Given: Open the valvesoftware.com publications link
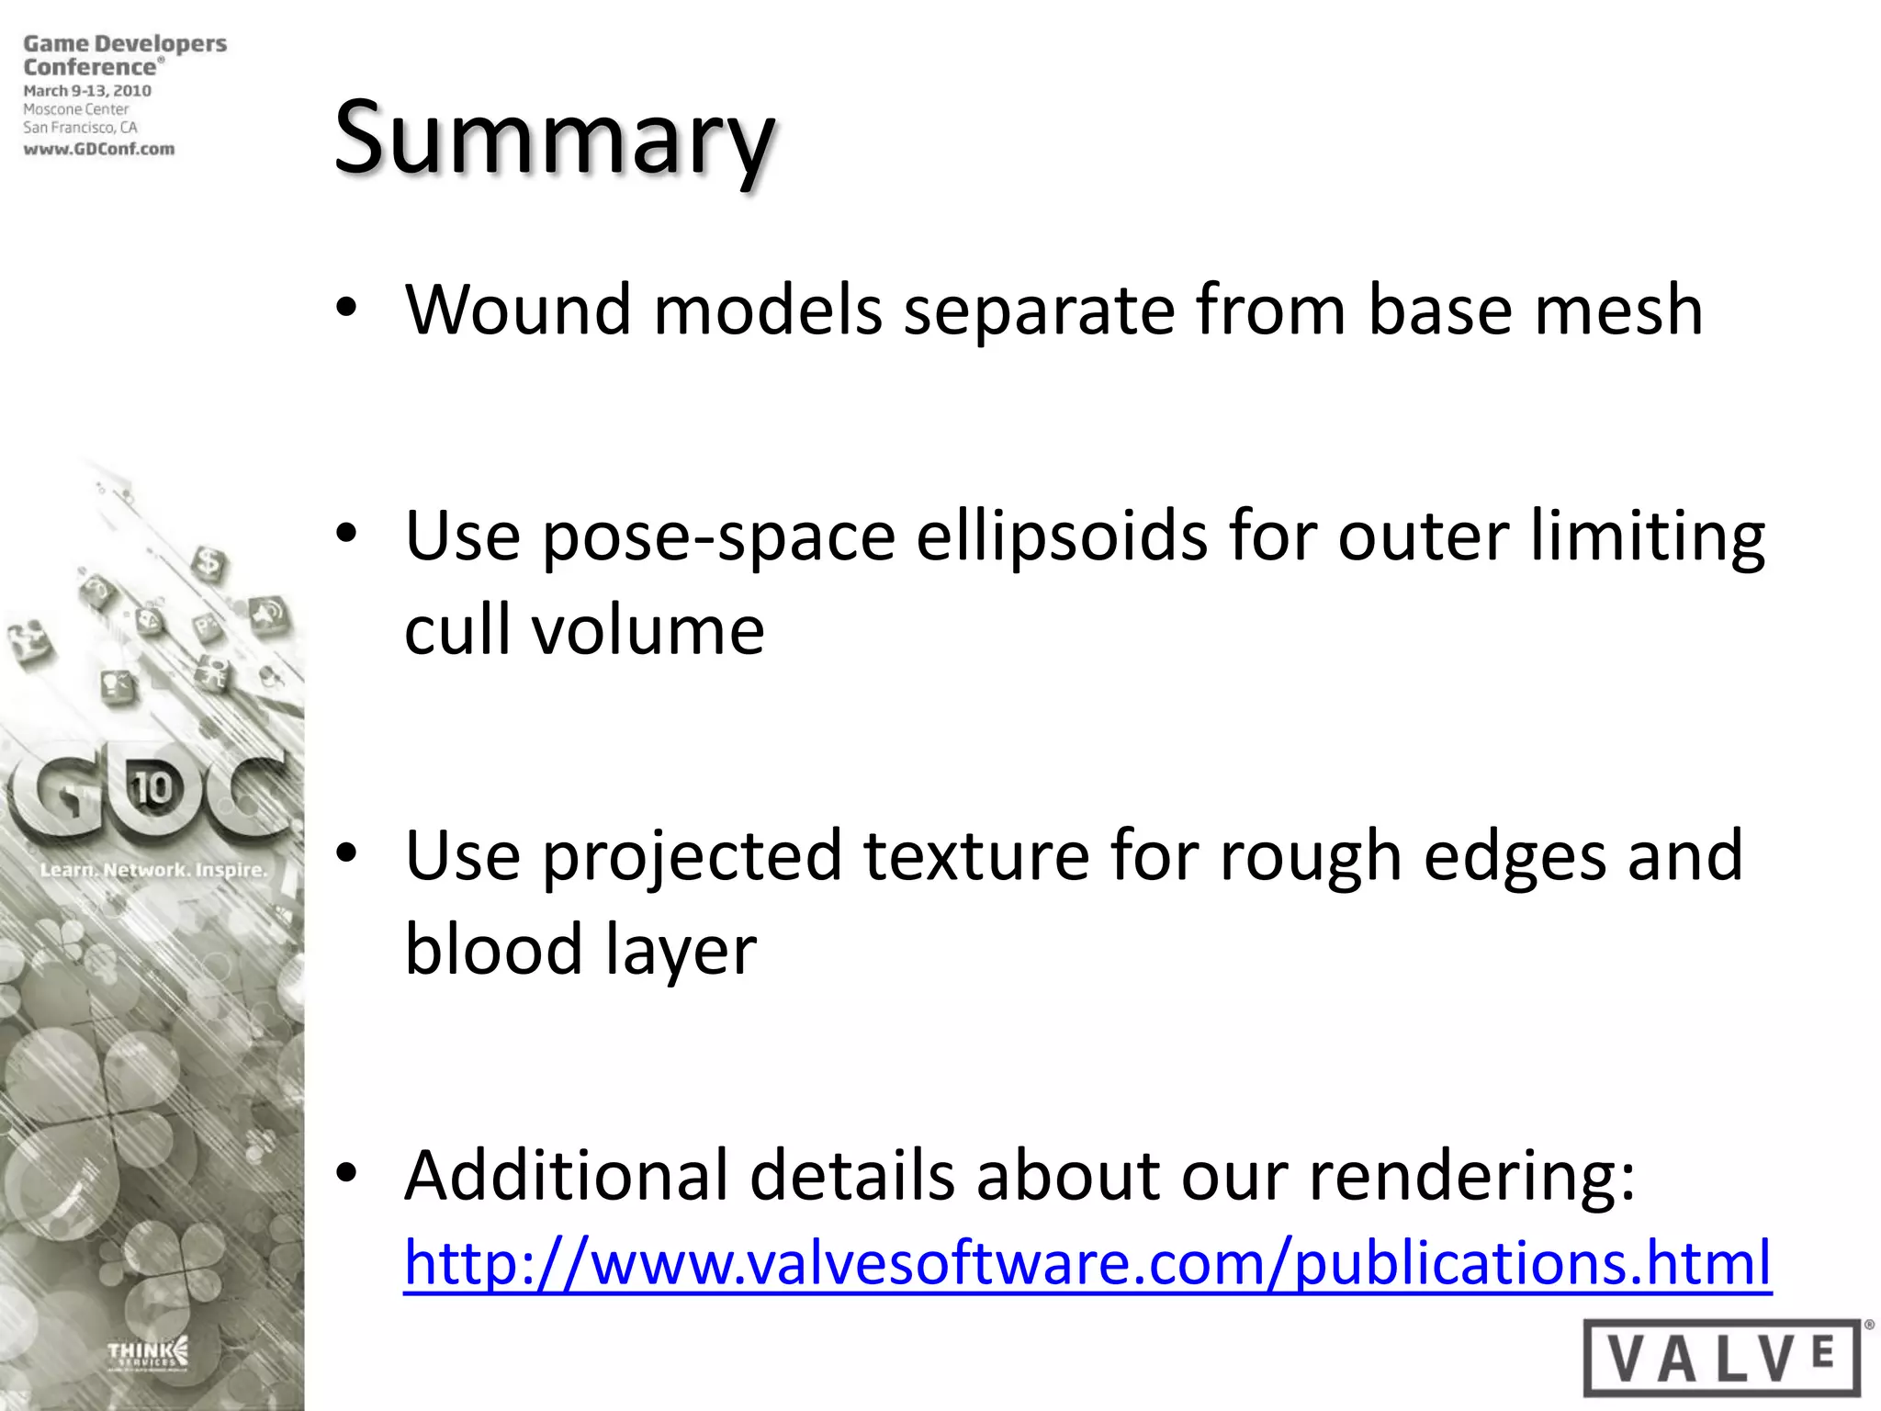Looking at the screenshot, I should pyautogui.click(x=1087, y=1262).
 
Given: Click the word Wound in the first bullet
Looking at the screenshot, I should pyautogui.click(x=517, y=310).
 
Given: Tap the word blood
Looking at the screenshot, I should pyautogui.click(x=493, y=949).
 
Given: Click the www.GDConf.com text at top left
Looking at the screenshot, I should pyautogui.click(x=99, y=149).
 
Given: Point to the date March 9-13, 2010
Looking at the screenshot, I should pyautogui.click(x=87, y=91).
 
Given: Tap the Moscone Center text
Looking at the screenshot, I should pyautogui.click(x=76, y=109).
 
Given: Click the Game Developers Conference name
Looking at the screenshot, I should pyautogui.click(x=124, y=55).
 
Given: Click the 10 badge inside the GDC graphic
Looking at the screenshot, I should pyautogui.click(x=152, y=787).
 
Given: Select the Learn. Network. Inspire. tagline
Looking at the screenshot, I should pyautogui.click(x=152, y=869).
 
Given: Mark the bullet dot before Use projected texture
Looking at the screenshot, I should pyautogui.click(x=345, y=853).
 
